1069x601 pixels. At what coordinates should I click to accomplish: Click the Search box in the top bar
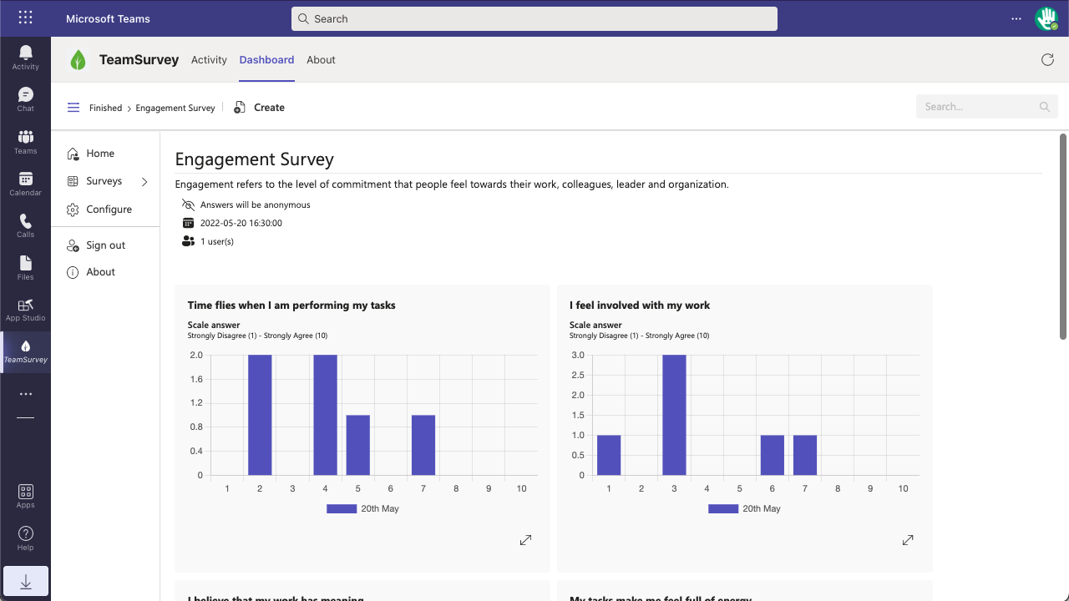[x=534, y=18]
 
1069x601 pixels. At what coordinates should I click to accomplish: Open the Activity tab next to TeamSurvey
[x=209, y=60]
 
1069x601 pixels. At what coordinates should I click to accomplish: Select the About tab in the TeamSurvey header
[x=321, y=60]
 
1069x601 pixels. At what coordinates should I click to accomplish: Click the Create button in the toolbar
[x=260, y=108]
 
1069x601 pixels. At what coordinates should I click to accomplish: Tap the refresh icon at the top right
[x=1047, y=60]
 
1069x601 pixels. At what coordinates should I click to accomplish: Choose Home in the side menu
[x=100, y=154]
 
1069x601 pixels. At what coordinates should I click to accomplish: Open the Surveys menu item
[x=104, y=181]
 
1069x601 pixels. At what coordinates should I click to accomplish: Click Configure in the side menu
[x=109, y=210]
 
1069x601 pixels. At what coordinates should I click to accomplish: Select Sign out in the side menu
[x=105, y=245]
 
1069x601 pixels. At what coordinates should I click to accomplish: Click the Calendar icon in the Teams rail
[x=25, y=184]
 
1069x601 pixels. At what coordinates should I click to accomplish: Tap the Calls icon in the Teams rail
[x=25, y=225]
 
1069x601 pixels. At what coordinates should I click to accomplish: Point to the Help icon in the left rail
[x=25, y=538]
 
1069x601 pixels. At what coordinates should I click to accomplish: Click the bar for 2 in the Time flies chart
[x=260, y=415]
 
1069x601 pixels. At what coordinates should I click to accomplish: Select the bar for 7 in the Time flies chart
[x=423, y=445]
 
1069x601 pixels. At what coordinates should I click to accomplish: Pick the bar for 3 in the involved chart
[x=674, y=415]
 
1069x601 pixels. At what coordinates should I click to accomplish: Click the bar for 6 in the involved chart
[x=773, y=455]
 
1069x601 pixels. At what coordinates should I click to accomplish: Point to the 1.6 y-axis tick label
[x=195, y=379]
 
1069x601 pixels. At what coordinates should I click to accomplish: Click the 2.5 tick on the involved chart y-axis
[x=577, y=375]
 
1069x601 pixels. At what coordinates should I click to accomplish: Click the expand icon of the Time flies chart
[x=525, y=540]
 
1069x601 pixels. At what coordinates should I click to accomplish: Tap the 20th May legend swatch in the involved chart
[x=723, y=508]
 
